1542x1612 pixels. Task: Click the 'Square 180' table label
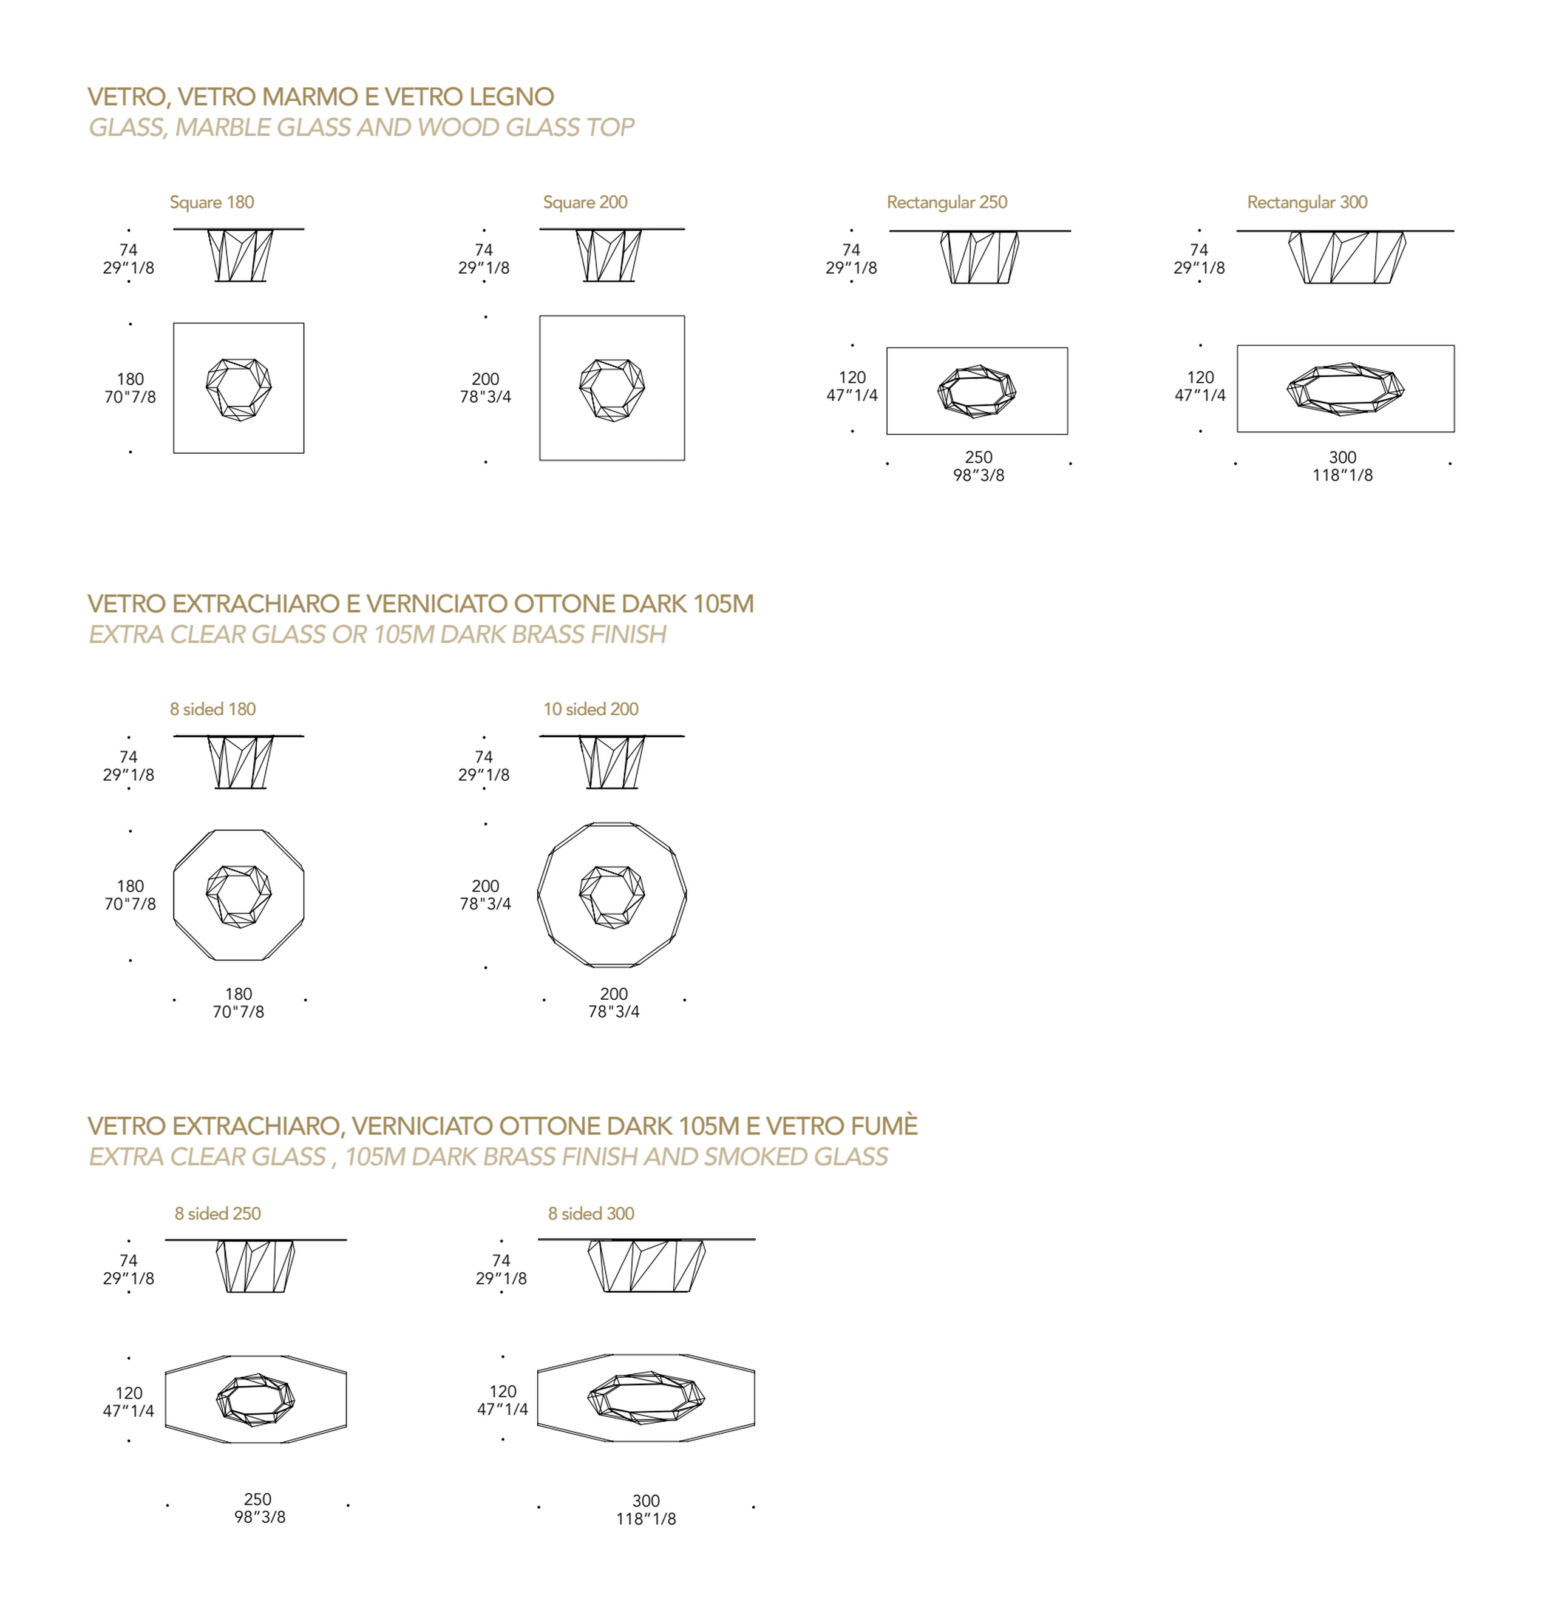coord(211,202)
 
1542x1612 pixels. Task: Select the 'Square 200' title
coord(585,202)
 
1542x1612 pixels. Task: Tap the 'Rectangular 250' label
coord(947,202)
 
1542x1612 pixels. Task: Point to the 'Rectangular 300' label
coord(1307,202)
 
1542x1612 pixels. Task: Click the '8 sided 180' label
coord(213,709)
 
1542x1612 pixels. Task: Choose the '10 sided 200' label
coord(590,709)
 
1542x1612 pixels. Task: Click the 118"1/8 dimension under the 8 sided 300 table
coord(646,1519)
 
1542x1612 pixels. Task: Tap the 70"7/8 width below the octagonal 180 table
coord(239,1011)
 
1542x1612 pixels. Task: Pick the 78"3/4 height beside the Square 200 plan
coord(485,396)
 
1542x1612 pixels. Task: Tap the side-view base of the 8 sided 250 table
coord(255,1266)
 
